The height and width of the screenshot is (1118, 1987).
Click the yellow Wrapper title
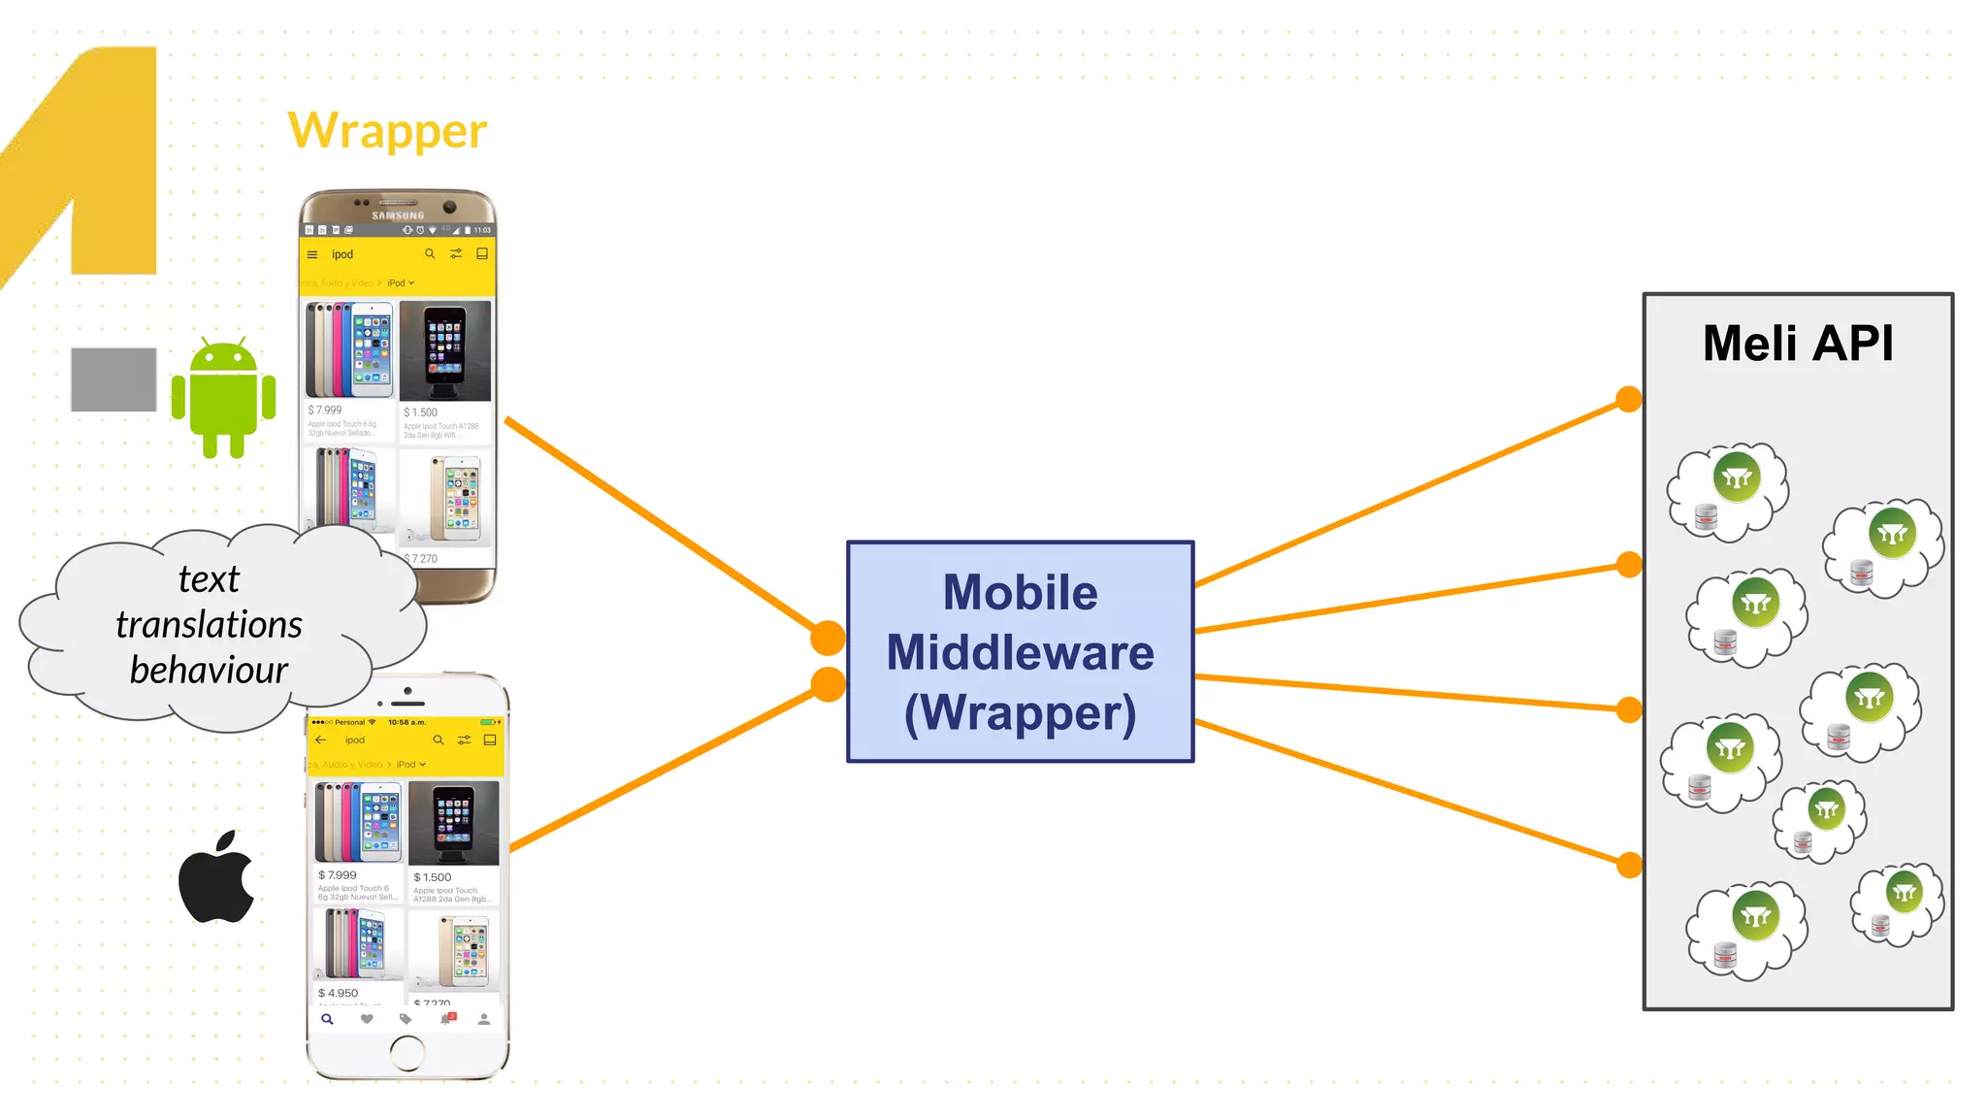(387, 131)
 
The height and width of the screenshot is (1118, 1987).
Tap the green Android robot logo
(224, 398)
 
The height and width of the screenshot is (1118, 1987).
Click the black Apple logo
(216, 876)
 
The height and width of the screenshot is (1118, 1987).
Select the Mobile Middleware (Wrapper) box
(1020, 651)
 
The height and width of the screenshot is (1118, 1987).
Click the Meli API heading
(1797, 344)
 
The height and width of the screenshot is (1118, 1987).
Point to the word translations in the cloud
(209, 624)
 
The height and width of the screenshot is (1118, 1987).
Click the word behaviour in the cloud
(209, 670)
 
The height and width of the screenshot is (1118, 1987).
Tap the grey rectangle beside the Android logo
(114, 379)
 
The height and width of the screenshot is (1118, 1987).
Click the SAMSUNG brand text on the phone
(398, 215)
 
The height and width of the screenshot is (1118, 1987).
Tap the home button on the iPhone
(407, 1052)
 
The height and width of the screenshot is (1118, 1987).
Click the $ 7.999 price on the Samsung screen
(326, 411)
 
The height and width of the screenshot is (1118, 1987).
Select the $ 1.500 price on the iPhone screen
(433, 877)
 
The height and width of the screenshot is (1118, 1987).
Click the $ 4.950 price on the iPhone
(339, 993)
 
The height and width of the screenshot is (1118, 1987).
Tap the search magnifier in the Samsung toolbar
(430, 254)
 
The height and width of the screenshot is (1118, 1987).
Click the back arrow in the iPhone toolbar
(321, 740)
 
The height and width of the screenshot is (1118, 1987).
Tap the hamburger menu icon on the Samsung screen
(312, 255)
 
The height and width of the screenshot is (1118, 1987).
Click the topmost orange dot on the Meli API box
(1629, 399)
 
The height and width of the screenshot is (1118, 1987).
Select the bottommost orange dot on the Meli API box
(1629, 864)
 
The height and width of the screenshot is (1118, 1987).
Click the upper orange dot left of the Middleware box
(828, 638)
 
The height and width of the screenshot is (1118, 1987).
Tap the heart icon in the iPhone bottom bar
(367, 1019)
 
